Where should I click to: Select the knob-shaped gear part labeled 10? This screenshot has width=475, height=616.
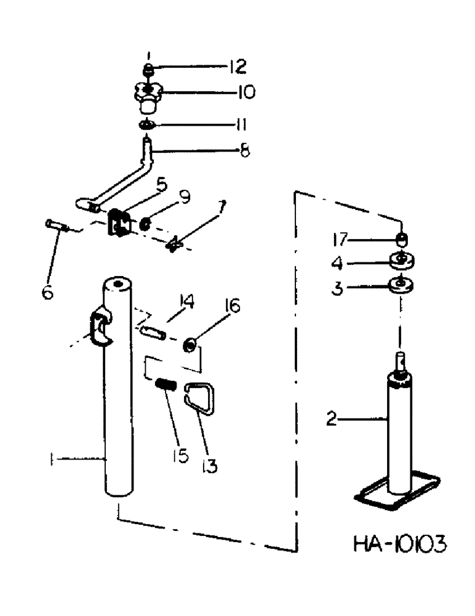pos(148,98)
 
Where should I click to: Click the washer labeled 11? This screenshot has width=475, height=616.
pos(146,126)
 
